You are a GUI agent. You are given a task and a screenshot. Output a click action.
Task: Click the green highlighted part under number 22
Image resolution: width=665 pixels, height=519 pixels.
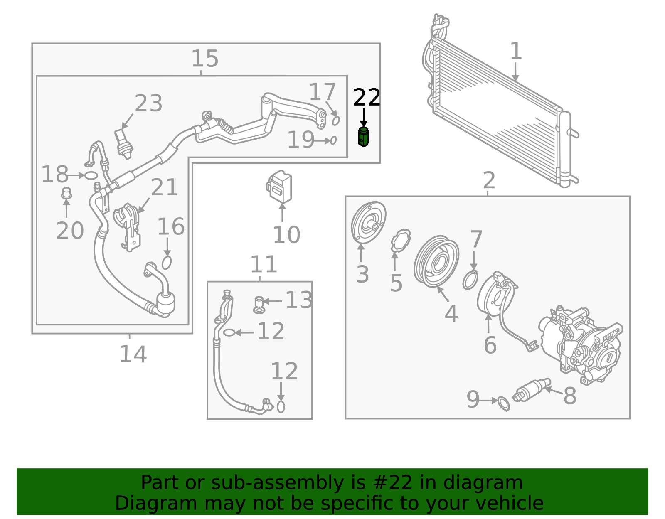point(363,138)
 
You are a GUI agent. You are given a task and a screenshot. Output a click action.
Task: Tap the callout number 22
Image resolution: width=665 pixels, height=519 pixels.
point(367,98)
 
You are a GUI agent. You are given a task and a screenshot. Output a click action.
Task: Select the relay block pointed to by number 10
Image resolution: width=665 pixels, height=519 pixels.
point(279,187)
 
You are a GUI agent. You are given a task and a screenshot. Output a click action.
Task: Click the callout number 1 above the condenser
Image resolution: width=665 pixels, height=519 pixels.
point(516,52)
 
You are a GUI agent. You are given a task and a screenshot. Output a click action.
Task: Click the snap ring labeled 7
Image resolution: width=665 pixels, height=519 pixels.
point(470,280)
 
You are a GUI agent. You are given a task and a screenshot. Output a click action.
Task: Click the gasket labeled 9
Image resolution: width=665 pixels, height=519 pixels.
point(503,403)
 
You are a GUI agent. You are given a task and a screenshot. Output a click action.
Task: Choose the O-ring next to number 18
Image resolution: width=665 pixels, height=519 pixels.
point(91,176)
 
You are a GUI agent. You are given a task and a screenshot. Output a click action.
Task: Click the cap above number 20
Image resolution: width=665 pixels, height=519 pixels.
point(66,194)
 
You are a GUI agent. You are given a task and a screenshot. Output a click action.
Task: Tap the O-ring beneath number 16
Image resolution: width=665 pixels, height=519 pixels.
point(167,263)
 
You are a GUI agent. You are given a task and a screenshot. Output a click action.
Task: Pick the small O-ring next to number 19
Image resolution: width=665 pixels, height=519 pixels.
point(333,141)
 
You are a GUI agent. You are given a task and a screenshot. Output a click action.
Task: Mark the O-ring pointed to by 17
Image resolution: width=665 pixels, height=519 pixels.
point(336,121)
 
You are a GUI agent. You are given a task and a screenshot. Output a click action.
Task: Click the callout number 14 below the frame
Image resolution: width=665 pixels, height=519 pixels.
point(133,354)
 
